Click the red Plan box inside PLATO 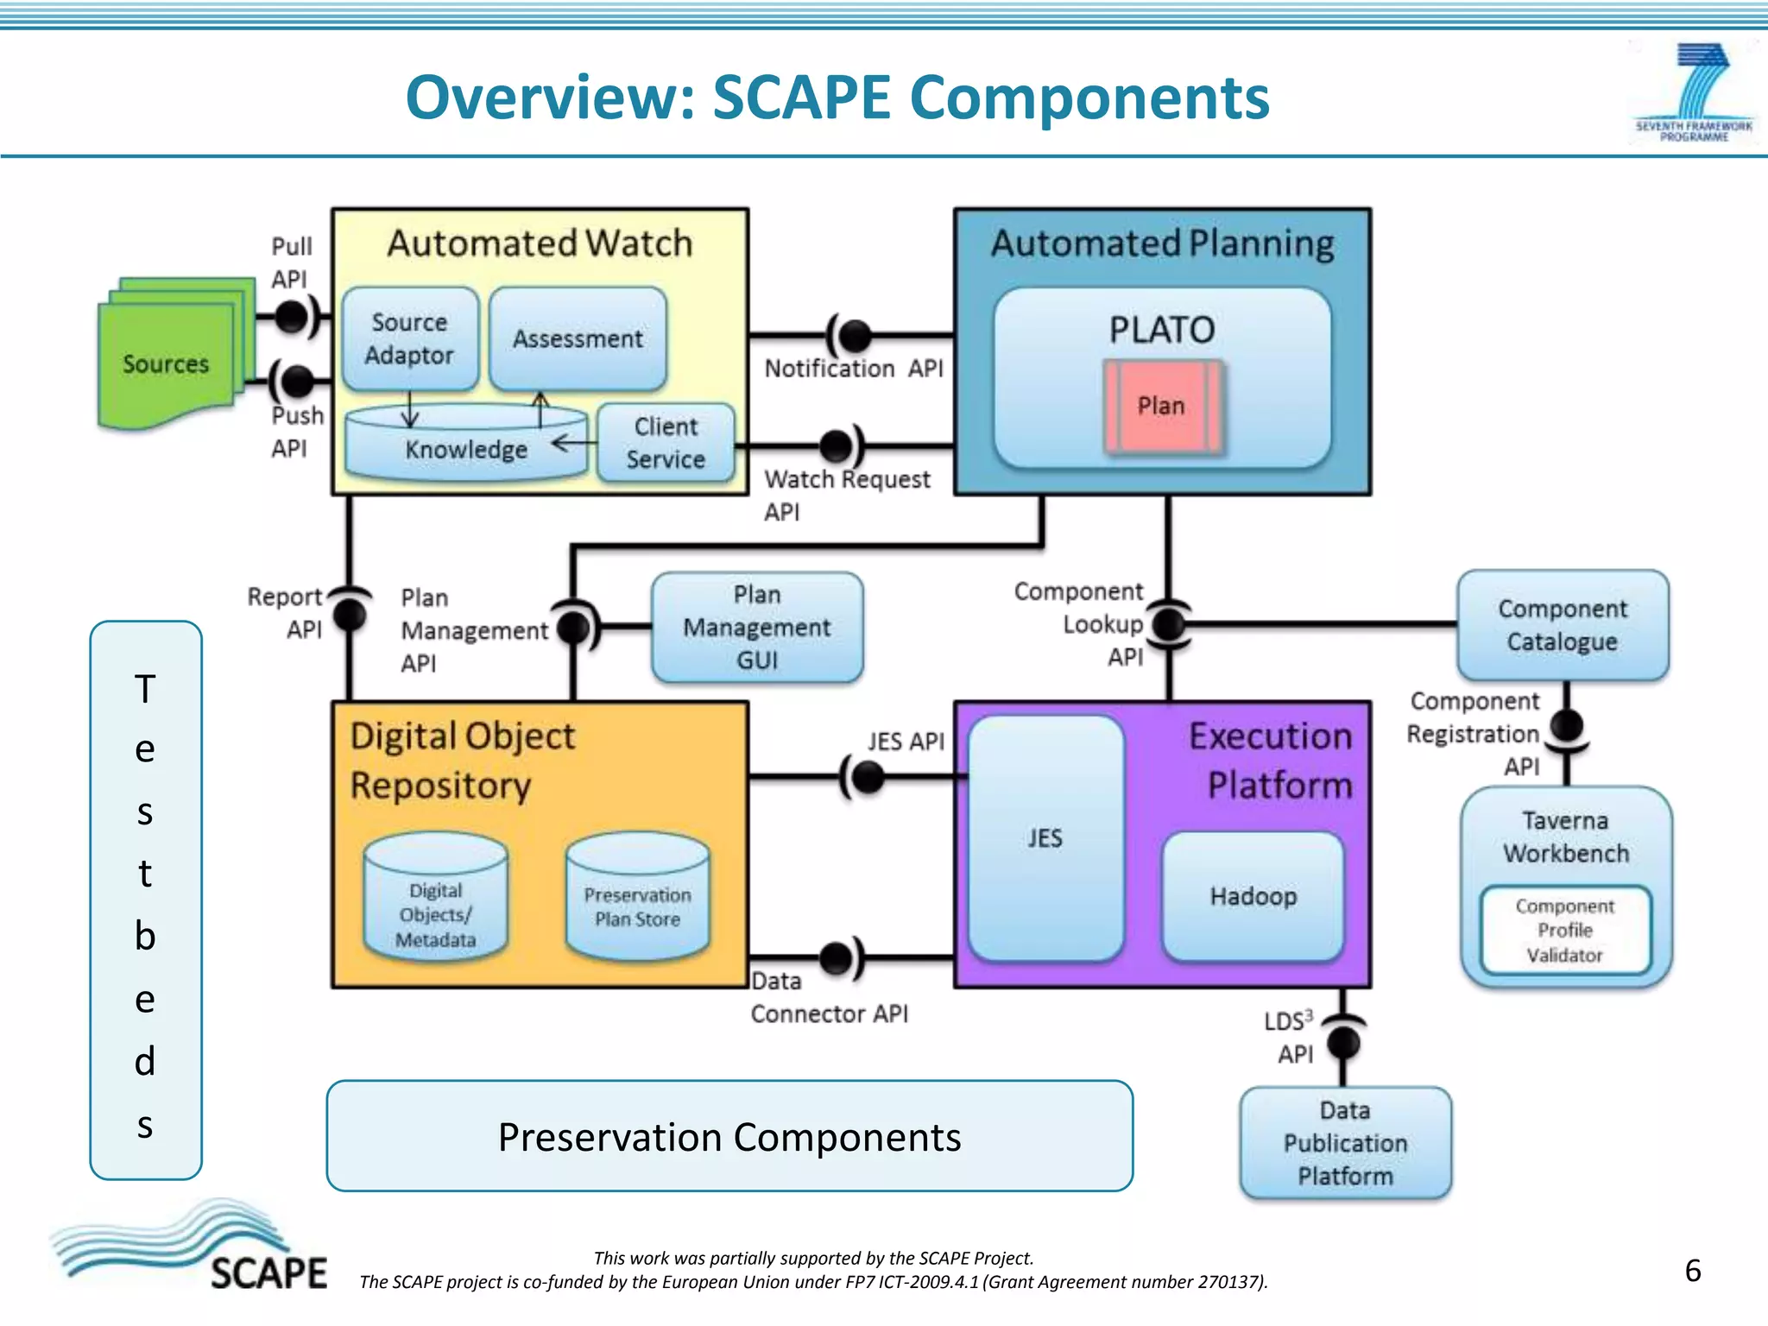[x=1162, y=407]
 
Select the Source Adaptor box [x=409, y=338]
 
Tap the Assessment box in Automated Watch [x=578, y=338]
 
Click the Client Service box [x=666, y=443]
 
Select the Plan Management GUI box [x=757, y=628]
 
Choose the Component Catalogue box [x=1562, y=625]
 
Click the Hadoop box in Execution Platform [x=1253, y=896]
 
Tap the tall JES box [x=1045, y=837]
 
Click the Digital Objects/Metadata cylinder [x=436, y=902]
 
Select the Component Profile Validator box [x=1564, y=931]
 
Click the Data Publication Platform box [x=1344, y=1143]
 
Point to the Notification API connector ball [x=855, y=334]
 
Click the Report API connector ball [x=349, y=614]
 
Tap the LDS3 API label [x=1290, y=1037]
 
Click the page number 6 [x=1692, y=1271]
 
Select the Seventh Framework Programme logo [x=1694, y=93]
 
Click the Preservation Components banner [x=729, y=1136]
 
